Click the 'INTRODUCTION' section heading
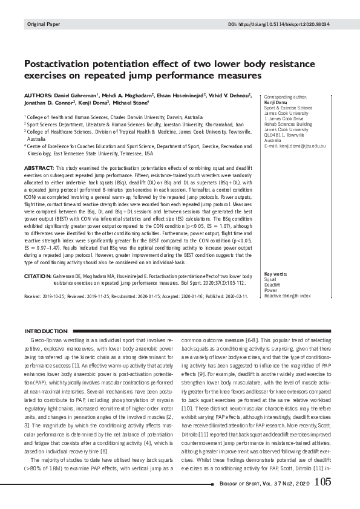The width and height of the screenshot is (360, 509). click(45, 332)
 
